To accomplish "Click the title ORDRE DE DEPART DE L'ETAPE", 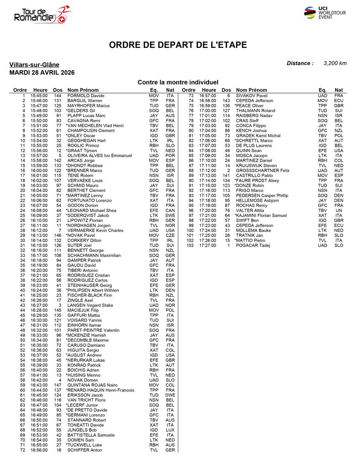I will pos(178,45).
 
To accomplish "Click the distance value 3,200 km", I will pos(335,63).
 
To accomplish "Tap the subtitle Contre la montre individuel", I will pos(178,82).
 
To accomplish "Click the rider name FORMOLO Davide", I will pos(86,96).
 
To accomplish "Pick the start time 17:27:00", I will pos(208,245).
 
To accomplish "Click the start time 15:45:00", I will pos(39,96).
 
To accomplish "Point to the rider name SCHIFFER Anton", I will pos(85,450).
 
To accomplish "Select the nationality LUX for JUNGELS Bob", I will pos(170,429).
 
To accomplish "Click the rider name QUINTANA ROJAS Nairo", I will pos(92,385).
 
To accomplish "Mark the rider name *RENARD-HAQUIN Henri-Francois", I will pos(100,390).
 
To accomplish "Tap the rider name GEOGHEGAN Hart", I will pos(86,140).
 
